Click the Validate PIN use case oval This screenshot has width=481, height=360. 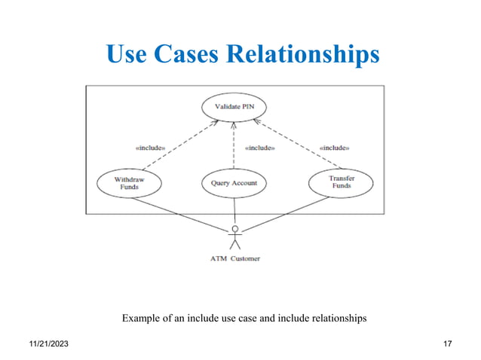(x=234, y=107)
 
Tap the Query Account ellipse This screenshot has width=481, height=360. (x=234, y=183)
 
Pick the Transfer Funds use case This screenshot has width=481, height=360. (x=342, y=183)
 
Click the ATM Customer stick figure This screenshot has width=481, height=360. (x=235, y=237)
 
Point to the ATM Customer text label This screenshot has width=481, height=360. (x=234, y=258)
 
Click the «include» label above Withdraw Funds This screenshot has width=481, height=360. (x=149, y=148)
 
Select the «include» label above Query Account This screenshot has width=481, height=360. (x=259, y=148)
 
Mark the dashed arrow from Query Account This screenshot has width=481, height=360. (x=234, y=147)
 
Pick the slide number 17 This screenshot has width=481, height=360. (x=447, y=344)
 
